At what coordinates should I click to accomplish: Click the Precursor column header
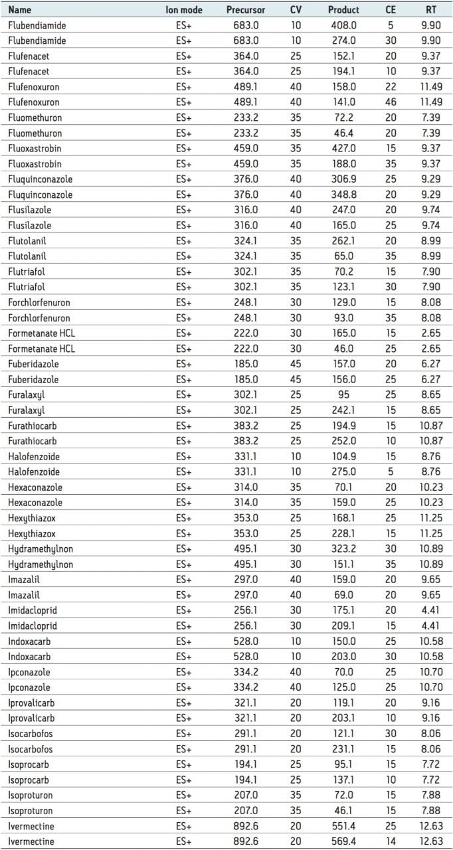tap(245, 10)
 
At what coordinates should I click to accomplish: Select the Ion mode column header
tap(184, 10)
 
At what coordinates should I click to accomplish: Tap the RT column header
tap(431, 10)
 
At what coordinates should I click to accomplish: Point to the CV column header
tap(296, 10)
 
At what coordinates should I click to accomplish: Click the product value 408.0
tap(343, 25)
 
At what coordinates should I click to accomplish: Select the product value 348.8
tap(343, 195)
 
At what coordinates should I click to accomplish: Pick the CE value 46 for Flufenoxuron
tap(391, 102)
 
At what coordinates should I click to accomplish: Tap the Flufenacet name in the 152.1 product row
tap(28, 56)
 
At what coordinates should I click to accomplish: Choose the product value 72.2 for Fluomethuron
tap(343, 118)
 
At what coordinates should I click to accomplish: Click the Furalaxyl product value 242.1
tap(343, 410)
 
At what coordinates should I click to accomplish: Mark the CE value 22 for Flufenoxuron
tap(391, 87)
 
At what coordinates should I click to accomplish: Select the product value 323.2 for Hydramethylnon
tap(343, 549)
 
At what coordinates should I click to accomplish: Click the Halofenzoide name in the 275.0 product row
tap(33, 472)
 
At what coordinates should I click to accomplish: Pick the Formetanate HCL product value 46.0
tap(343, 349)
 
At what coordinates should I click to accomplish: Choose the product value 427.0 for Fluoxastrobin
tap(343, 148)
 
